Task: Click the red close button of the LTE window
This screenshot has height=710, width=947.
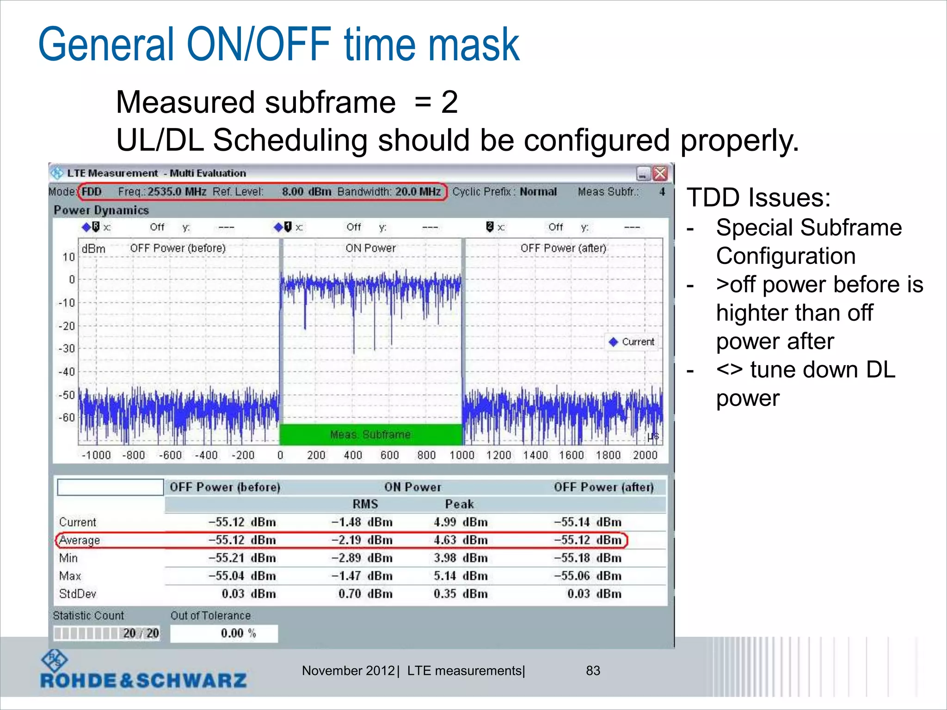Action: click(660, 173)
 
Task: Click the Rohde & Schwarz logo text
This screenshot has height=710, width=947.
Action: click(143, 680)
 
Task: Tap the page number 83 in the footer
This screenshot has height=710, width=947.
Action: click(593, 671)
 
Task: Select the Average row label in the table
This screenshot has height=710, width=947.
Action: click(80, 540)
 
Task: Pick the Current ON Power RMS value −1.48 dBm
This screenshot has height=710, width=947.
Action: click(362, 522)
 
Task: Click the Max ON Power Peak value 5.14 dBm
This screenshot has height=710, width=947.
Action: click(461, 576)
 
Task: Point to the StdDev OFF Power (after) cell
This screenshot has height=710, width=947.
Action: click(594, 594)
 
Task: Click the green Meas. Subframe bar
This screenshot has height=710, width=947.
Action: click(370, 435)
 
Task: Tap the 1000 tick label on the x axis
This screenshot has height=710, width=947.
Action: click(462, 455)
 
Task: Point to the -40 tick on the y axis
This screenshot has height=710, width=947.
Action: click(67, 372)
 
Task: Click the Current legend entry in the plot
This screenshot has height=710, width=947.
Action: click(633, 342)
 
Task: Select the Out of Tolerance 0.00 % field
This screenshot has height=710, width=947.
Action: click(224, 633)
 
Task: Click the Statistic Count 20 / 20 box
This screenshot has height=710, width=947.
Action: click(107, 633)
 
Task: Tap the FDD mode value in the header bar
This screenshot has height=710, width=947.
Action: click(92, 192)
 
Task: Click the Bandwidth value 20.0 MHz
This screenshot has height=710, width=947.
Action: click(418, 192)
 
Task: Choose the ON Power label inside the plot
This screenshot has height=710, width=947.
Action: click(370, 248)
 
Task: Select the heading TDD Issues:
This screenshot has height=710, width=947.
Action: click(758, 198)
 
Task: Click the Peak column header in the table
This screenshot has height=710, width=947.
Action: click(459, 504)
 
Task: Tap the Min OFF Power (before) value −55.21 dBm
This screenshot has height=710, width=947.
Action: click(242, 558)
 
